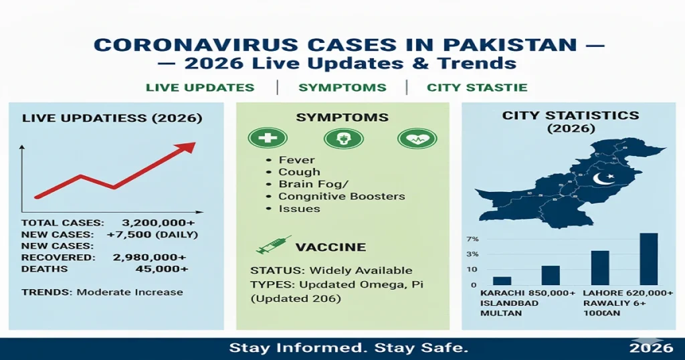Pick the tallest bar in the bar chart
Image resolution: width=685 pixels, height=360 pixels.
tap(648, 259)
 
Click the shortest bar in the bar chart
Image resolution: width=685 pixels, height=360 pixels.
tap(502, 281)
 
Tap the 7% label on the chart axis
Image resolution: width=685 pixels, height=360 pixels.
tap(472, 240)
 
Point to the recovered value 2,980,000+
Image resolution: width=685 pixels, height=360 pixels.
tap(155, 257)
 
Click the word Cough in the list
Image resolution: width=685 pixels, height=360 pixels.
tap(299, 173)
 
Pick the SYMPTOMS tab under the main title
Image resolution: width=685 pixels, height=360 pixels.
tap(342, 88)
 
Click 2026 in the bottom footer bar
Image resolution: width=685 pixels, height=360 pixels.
tap(651, 348)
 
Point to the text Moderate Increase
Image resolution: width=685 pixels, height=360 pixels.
tap(130, 292)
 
